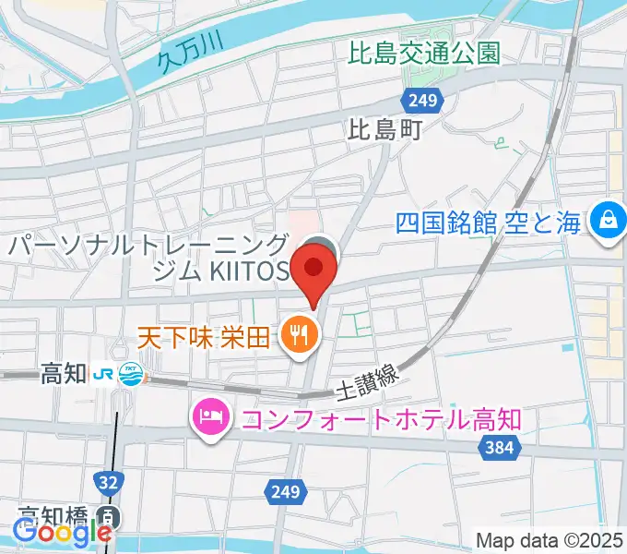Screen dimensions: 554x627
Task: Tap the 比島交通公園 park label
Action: point(424,53)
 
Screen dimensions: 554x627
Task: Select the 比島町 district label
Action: point(384,131)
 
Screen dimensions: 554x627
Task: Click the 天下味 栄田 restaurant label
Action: point(205,334)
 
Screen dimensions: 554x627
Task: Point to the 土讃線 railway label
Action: point(368,377)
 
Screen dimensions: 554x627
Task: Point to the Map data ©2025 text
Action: point(550,539)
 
